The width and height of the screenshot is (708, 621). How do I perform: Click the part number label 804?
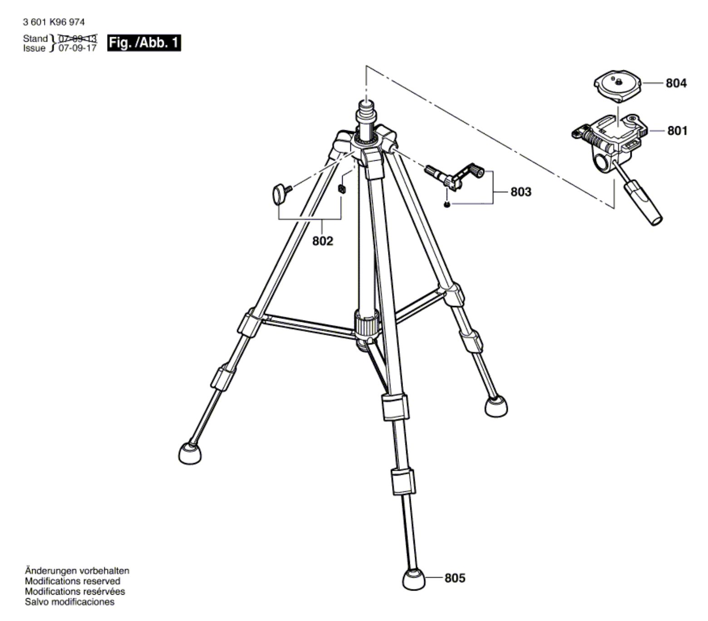676,84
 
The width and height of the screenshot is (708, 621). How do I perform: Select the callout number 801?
677,131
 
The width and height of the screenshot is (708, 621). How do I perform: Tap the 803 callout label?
521,192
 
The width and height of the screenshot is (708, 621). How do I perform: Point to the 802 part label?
322,241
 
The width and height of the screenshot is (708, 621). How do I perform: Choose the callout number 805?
455,578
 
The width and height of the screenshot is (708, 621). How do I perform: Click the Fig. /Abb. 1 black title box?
144,43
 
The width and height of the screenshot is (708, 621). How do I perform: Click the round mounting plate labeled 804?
618,88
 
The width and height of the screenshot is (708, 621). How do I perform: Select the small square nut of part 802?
342,189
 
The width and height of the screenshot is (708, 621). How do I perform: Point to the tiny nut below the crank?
447,206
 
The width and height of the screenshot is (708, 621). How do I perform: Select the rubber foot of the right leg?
496,406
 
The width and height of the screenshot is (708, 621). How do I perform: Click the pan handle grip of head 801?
644,202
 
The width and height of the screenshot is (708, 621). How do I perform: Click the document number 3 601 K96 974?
54,22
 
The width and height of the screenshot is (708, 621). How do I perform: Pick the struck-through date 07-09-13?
78,39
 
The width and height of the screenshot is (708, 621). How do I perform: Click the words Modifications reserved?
73,581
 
